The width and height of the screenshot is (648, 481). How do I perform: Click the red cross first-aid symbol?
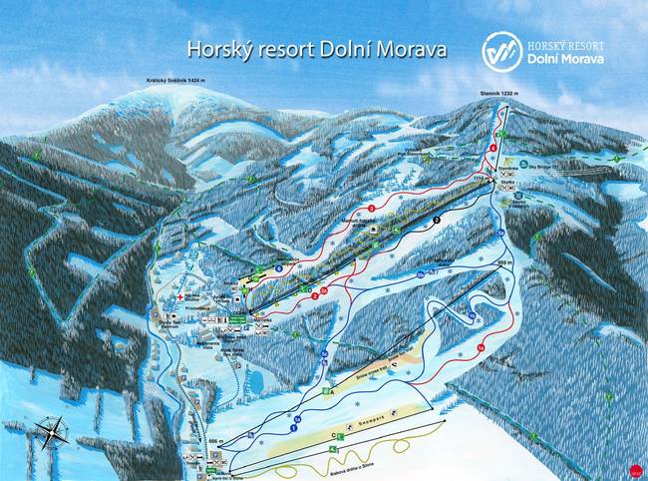[x=180, y=296]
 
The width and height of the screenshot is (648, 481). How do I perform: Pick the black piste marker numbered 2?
[x=437, y=217]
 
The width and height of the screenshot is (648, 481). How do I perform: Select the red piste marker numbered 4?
[x=494, y=149]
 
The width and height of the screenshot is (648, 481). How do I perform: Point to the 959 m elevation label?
[x=503, y=261]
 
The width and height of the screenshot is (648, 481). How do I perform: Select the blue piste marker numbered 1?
[x=294, y=426]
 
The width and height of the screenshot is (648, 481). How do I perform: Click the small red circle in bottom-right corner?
[x=637, y=469]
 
